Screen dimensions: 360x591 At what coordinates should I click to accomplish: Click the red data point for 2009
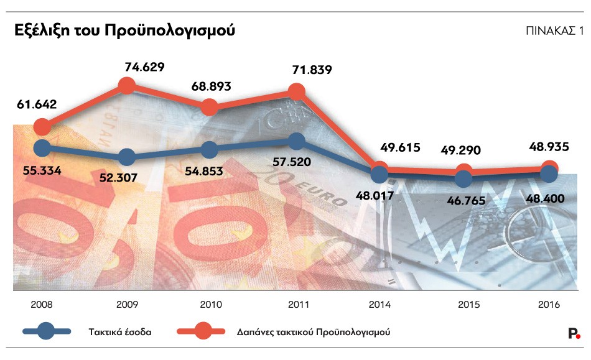point(126,86)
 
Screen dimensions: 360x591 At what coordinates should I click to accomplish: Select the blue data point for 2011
point(297,141)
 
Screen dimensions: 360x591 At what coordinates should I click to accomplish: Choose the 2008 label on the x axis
point(41,305)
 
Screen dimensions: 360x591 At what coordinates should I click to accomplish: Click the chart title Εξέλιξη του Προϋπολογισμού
point(124,30)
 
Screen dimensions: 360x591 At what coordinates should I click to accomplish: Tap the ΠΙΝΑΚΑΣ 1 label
point(555,30)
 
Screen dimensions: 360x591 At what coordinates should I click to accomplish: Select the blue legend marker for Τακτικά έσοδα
point(46,332)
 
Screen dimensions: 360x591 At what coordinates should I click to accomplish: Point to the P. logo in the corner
point(574,333)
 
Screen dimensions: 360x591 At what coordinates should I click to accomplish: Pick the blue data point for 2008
point(42,148)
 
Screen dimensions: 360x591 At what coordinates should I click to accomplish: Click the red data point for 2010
point(210,107)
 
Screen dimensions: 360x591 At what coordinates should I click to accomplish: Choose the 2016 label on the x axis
point(549,305)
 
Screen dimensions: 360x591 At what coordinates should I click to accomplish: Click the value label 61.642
point(37,104)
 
